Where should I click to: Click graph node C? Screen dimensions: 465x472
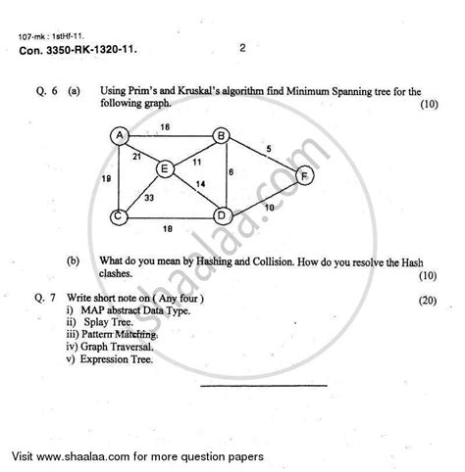[118, 216]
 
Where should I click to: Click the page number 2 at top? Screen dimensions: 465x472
[240, 45]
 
